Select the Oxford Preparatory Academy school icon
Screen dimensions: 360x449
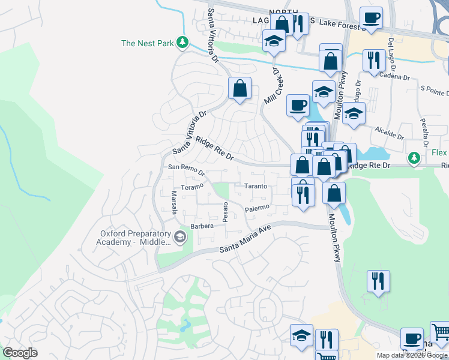click(179, 238)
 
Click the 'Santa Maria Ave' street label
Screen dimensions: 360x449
click(246, 245)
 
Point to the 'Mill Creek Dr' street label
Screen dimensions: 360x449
click(272, 87)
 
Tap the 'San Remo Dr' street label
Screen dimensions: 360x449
click(186, 169)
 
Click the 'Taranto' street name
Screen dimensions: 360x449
click(255, 187)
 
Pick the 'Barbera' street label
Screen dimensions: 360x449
click(202, 227)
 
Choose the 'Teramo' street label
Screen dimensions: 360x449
click(193, 187)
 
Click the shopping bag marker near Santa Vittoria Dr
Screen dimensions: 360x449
click(240, 89)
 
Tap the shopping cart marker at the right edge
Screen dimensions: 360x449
click(441, 332)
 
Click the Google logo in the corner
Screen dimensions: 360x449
click(19, 353)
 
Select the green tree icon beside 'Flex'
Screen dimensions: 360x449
click(414, 158)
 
